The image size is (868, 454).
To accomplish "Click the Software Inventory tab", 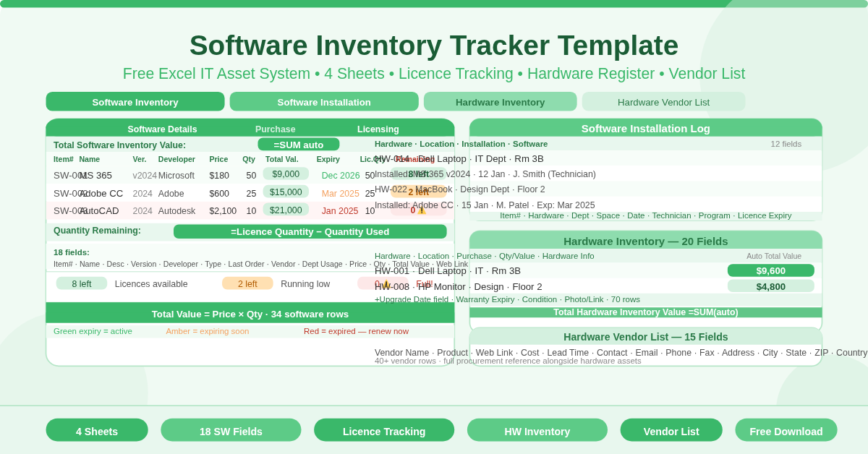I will point(135,102).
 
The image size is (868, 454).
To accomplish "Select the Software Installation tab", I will point(324,102).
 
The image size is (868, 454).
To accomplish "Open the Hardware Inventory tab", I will point(500,102).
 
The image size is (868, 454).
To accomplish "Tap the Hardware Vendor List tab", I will point(663,102).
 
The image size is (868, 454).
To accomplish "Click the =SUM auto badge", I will point(298,145).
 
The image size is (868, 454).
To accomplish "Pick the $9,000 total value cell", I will point(286,174).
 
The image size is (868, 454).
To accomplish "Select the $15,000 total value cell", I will point(286,192).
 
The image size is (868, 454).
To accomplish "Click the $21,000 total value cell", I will point(286,210).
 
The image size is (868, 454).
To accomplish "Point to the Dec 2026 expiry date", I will point(340,176).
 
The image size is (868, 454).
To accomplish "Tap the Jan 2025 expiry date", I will point(339,211).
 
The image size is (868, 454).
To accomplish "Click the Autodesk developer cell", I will point(176,211).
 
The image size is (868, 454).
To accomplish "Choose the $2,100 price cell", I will point(223,211).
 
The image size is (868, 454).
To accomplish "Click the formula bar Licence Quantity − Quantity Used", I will point(310,231).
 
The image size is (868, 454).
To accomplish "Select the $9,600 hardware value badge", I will point(770,270).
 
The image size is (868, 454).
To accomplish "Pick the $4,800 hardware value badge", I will point(770,286).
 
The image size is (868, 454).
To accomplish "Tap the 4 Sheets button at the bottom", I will point(97,431).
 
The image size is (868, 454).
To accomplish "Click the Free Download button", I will point(786,431).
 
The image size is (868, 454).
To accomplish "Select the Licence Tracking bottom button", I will point(384,431).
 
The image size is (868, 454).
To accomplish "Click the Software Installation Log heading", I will point(645,128).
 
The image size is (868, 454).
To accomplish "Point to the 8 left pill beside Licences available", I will point(82,284).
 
